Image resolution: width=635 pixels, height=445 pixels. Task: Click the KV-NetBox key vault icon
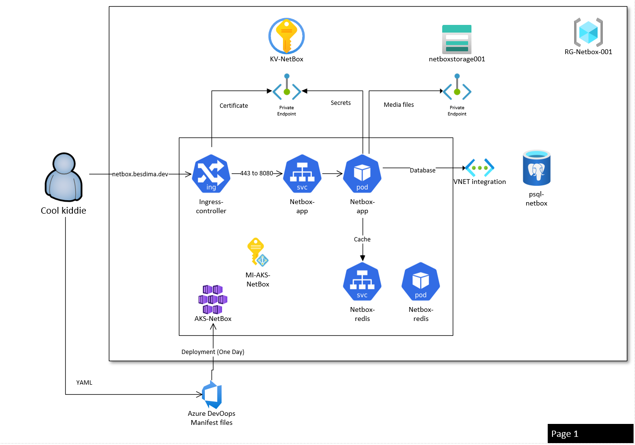coord(286,36)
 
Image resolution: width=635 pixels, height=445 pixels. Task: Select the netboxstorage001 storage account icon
coord(457,39)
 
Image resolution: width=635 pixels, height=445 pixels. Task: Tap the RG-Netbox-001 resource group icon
coord(588,33)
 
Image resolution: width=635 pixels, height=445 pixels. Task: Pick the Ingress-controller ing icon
coord(211,173)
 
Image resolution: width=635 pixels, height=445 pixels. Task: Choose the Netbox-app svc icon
coord(302,173)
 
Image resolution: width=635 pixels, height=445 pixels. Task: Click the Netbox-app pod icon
coord(362,173)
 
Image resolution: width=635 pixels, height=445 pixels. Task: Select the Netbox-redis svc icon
coord(362,282)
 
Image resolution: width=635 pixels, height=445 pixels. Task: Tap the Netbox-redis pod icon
coord(421,282)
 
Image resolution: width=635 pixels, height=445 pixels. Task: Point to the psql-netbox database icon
coord(536,168)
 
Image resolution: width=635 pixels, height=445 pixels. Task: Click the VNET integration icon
coord(479,168)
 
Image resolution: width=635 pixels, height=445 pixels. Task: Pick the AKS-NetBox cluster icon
coord(213,299)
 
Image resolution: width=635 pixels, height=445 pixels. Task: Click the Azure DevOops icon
coord(212,395)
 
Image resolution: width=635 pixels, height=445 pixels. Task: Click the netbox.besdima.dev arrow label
coord(140,174)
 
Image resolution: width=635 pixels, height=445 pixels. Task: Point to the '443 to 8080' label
coord(257,173)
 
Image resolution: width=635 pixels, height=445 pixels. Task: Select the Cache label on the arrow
coord(362,240)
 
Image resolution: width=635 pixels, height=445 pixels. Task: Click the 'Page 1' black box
coord(590,434)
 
